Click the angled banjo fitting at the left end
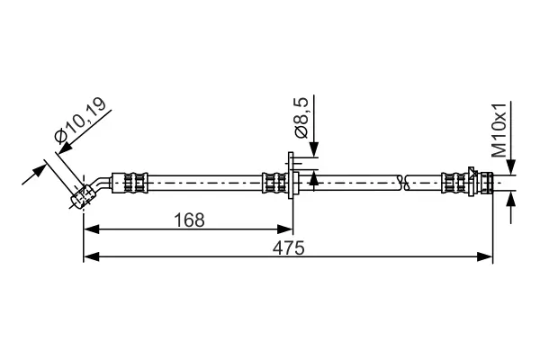(82, 195)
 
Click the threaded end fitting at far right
(486, 184)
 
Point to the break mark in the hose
(407, 184)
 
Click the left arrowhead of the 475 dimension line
(88, 258)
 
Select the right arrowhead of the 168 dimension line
(289, 229)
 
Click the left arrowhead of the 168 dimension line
(88, 229)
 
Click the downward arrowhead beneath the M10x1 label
(510, 168)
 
